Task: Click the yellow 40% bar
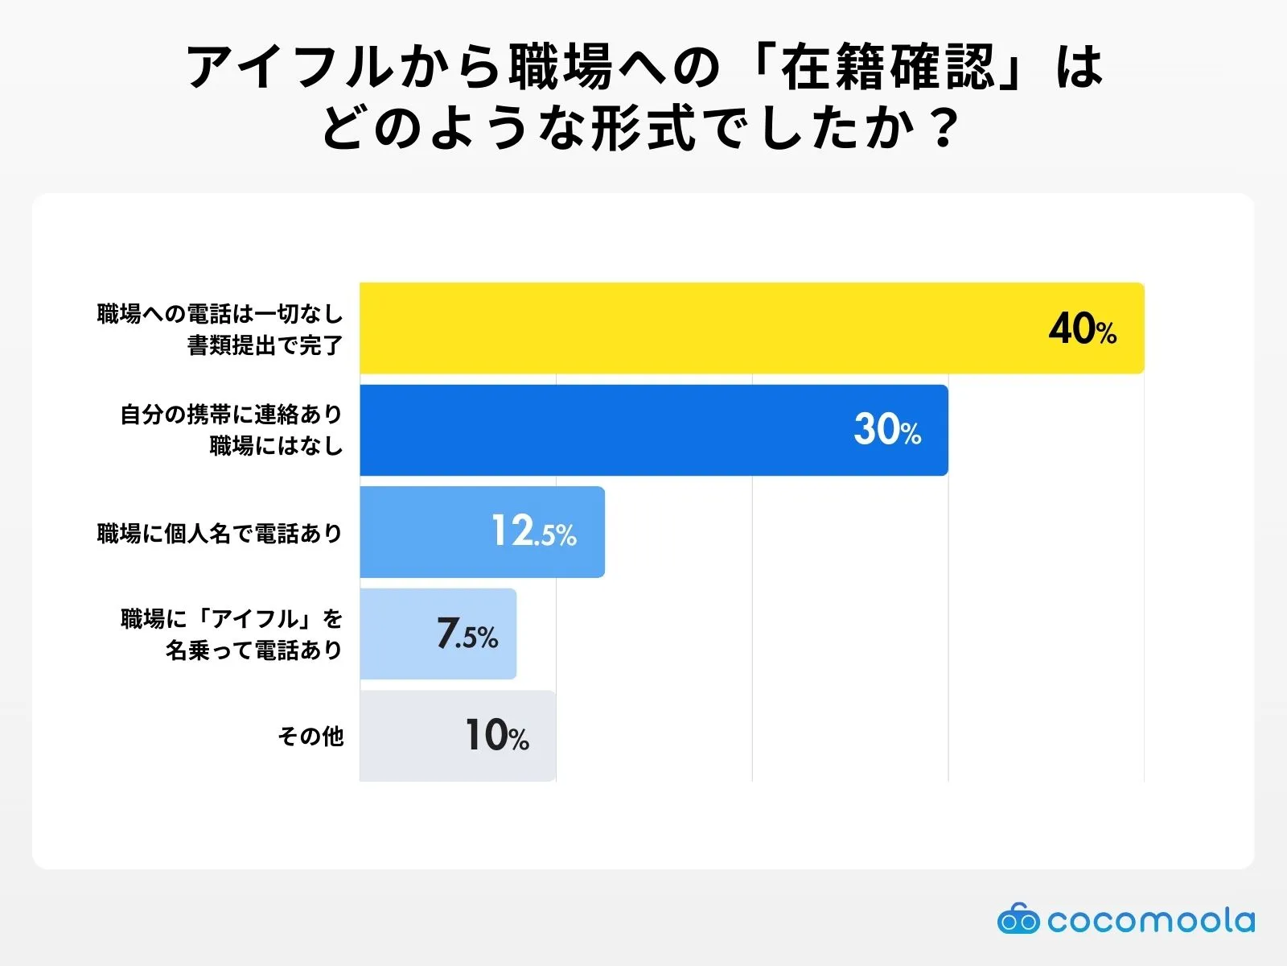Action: tap(700, 328)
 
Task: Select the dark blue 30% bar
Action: tap(603, 430)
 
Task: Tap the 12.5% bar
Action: tap(426, 532)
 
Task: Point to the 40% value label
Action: tap(1082, 329)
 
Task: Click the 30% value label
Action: tap(887, 430)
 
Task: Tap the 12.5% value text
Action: tap(533, 532)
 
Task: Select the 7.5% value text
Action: tap(467, 634)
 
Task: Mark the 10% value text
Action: tap(497, 736)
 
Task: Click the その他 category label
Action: tap(310, 736)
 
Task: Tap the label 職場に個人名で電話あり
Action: tap(220, 533)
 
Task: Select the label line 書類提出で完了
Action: tap(265, 345)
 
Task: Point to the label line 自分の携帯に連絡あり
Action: tap(231, 415)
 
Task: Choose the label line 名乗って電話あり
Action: tap(253, 650)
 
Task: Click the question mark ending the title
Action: tap(941, 129)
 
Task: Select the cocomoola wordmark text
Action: tap(1150, 920)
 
